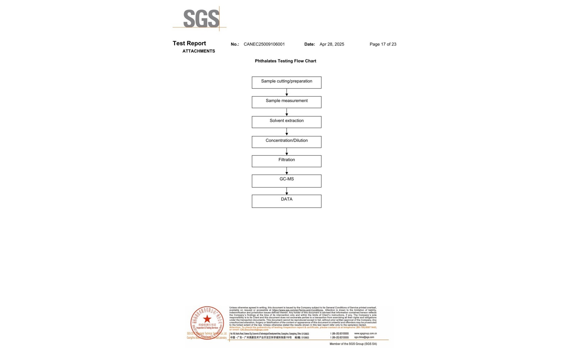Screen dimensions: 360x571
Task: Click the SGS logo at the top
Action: click(201, 18)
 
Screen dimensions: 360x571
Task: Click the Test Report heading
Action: click(189, 43)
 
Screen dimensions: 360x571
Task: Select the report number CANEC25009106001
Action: click(264, 44)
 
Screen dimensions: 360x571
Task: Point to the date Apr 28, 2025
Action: click(332, 44)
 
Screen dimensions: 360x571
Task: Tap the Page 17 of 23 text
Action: click(383, 44)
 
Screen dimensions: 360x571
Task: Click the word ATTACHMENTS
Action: click(199, 51)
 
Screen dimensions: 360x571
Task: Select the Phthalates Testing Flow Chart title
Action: click(285, 61)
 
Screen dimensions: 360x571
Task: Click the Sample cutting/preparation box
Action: click(286, 82)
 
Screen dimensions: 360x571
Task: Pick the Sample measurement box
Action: click(286, 102)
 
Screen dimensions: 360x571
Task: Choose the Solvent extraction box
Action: click(286, 122)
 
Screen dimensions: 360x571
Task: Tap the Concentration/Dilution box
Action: click(286, 141)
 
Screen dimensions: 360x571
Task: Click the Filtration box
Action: click(286, 161)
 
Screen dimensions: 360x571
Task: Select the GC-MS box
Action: click(286, 181)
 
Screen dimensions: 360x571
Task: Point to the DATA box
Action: click(286, 201)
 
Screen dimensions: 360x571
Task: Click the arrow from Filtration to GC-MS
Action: click(286, 171)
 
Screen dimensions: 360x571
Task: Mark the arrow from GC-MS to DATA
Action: click(286, 191)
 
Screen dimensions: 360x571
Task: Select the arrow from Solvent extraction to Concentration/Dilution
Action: click(286, 132)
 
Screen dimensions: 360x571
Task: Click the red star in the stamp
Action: click(207, 319)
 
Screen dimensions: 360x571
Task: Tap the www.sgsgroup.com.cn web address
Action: click(365, 334)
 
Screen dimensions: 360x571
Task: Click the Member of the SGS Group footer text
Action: click(353, 344)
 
